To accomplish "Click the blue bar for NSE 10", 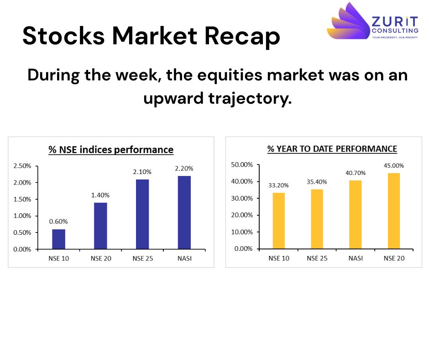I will (58, 239).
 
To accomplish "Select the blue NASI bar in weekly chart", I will (184, 212).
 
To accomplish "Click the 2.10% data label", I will (142, 172).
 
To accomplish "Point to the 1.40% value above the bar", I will (100, 195).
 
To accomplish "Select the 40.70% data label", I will (355, 173).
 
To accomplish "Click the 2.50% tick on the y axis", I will (22, 166).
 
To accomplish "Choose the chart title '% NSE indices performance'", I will (111, 149).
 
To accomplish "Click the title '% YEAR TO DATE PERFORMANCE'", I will (332, 148).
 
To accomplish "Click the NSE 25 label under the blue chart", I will (142, 259).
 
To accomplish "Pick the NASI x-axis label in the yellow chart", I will (355, 258).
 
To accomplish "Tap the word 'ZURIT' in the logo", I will (394, 21).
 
